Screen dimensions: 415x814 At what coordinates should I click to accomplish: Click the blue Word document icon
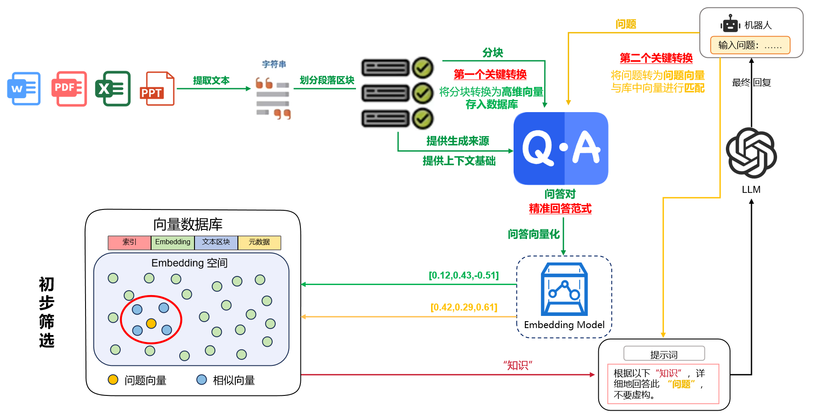(x=24, y=89)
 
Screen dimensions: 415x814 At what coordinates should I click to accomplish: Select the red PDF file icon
(x=69, y=89)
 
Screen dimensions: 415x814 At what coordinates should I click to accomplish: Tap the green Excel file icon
(x=113, y=89)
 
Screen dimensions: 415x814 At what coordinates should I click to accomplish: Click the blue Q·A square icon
(x=560, y=148)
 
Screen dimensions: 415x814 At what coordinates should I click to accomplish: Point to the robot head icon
(x=730, y=24)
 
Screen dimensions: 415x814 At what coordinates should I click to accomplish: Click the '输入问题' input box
(x=750, y=45)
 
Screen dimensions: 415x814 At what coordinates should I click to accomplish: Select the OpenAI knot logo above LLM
(x=751, y=153)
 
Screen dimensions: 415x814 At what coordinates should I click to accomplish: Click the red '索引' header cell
(x=129, y=242)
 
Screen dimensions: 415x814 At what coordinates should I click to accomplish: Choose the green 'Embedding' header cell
(x=173, y=242)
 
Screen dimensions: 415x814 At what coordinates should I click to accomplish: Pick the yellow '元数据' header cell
(x=259, y=242)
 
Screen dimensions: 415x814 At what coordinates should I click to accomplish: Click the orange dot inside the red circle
(x=151, y=323)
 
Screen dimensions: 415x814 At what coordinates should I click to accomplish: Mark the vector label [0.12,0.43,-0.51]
(x=464, y=276)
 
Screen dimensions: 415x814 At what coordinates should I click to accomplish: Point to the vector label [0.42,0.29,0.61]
(x=464, y=308)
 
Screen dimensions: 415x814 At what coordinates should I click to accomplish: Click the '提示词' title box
(x=664, y=354)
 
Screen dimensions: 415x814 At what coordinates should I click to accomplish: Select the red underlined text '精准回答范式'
(x=560, y=209)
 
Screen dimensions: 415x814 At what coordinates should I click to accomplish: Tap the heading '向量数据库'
(x=188, y=224)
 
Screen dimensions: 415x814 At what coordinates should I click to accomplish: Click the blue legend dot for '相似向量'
(x=201, y=380)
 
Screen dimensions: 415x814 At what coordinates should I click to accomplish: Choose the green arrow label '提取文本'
(x=211, y=81)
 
